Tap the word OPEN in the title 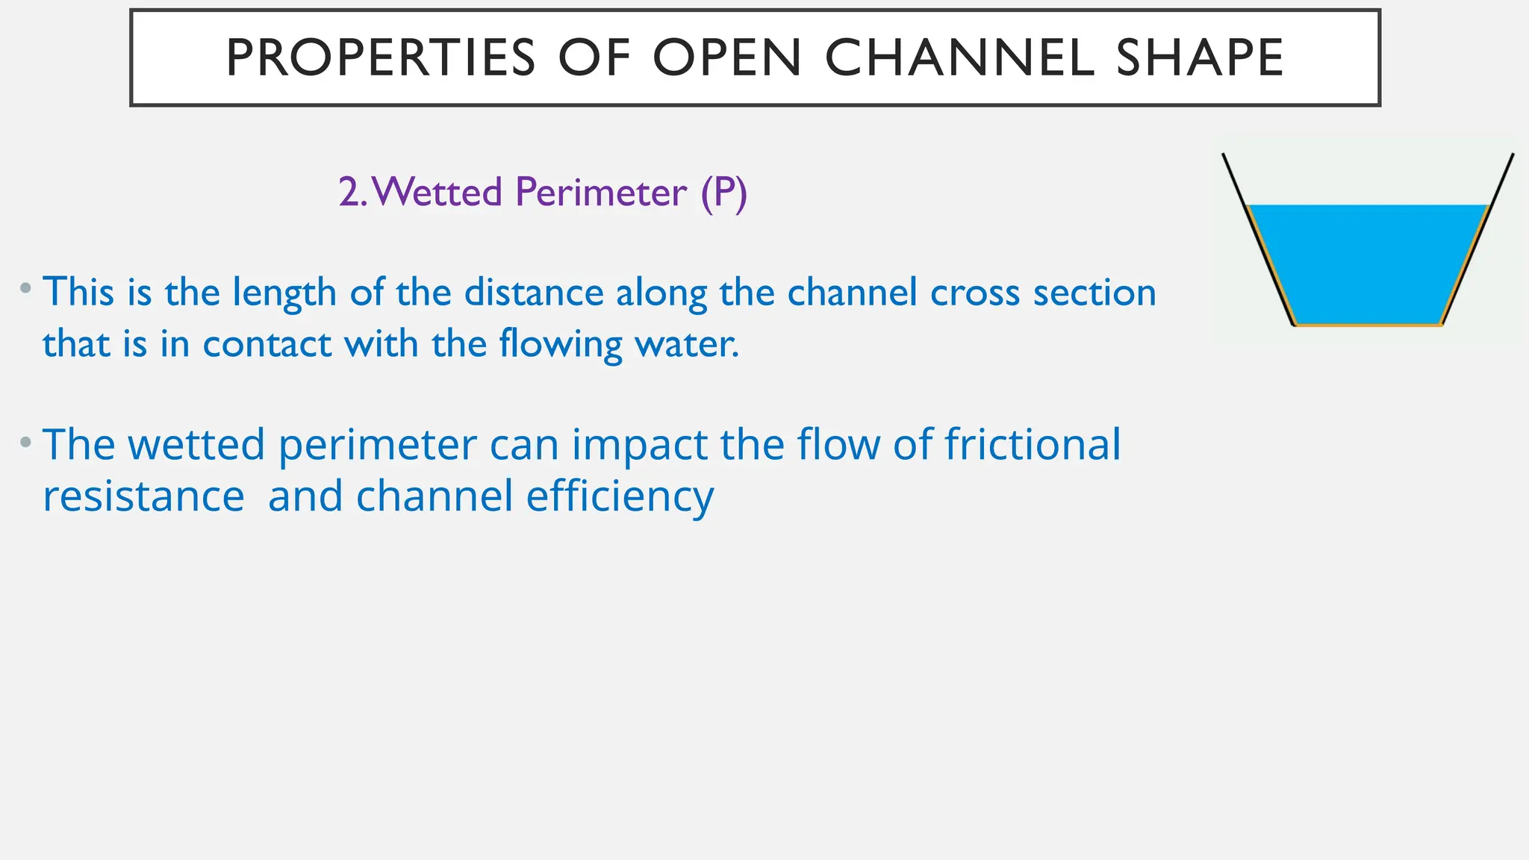pos(727,58)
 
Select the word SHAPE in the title pos(1200,58)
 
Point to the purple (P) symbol pos(723,193)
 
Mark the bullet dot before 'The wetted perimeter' pos(26,442)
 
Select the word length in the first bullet pos(284,293)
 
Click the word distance pos(534,293)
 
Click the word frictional pos(1033,445)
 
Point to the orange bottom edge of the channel pos(1368,325)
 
